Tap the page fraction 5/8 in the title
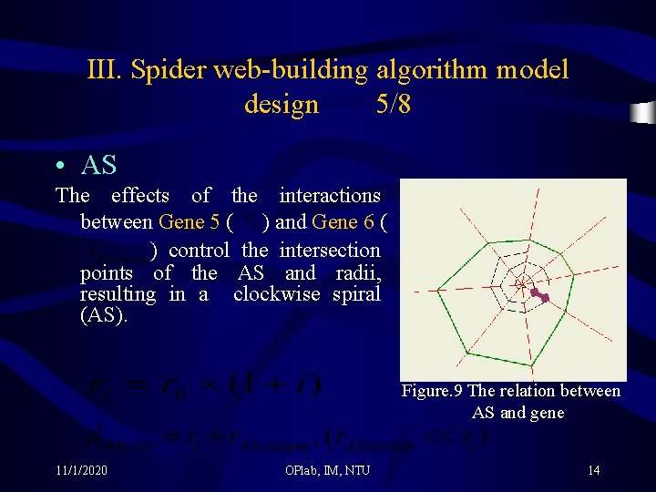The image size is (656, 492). coord(393,105)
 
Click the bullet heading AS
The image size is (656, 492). coord(98,165)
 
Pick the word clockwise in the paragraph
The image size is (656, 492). coord(277,294)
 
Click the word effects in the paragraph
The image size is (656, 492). coord(139,195)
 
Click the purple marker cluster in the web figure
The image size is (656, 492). coord(539,295)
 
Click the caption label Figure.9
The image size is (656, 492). coord(432,391)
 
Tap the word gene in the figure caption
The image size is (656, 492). coord(545,413)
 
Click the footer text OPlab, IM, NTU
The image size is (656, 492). coord(328,470)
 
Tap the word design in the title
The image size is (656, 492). coord(282,105)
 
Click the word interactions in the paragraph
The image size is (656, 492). coord(330,195)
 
